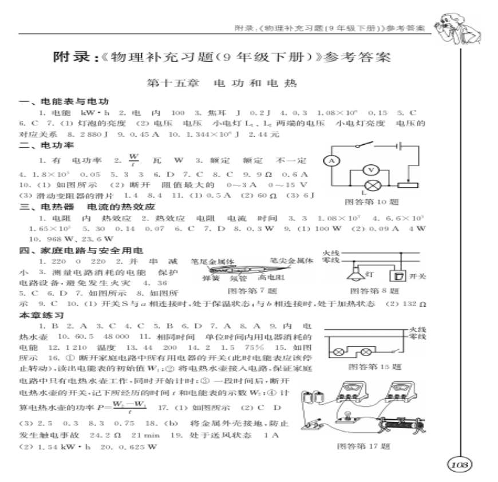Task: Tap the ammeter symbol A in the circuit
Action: coord(331,161)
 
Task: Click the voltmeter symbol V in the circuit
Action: coord(370,170)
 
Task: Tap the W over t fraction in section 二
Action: coord(133,159)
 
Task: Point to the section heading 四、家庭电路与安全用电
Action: coord(80,250)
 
